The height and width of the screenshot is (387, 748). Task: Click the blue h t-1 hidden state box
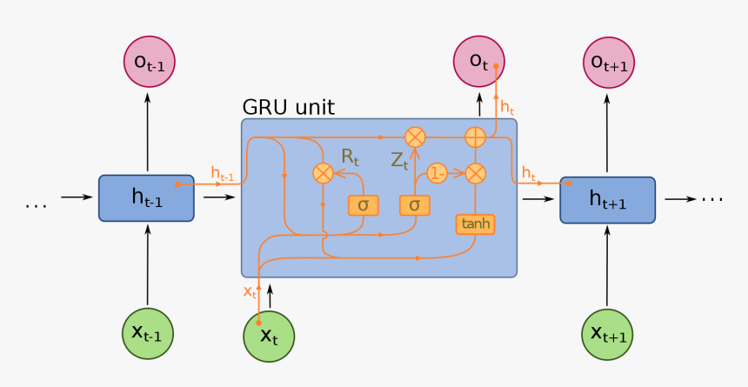pos(147,198)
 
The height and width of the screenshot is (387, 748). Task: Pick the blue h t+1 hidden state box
pos(607,198)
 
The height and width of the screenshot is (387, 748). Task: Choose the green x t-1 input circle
pos(148,333)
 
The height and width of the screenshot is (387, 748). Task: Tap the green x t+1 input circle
pos(607,333)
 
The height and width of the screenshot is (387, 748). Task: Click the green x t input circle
pos(269,336)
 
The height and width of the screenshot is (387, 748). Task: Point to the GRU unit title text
pos(288,108)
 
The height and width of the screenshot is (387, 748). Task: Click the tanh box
pos(475,224)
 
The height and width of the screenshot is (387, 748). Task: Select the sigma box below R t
pos(363,205)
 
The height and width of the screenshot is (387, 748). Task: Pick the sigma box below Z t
pos(414,205)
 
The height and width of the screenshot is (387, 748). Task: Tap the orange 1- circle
pos(437,174)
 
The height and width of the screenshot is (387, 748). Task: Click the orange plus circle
pos(475,137)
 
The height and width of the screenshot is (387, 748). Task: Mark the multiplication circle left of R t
pos(323,173)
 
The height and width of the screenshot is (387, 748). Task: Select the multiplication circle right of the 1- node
pos(475,174)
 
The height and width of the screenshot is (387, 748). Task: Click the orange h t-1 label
pos(223,172)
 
